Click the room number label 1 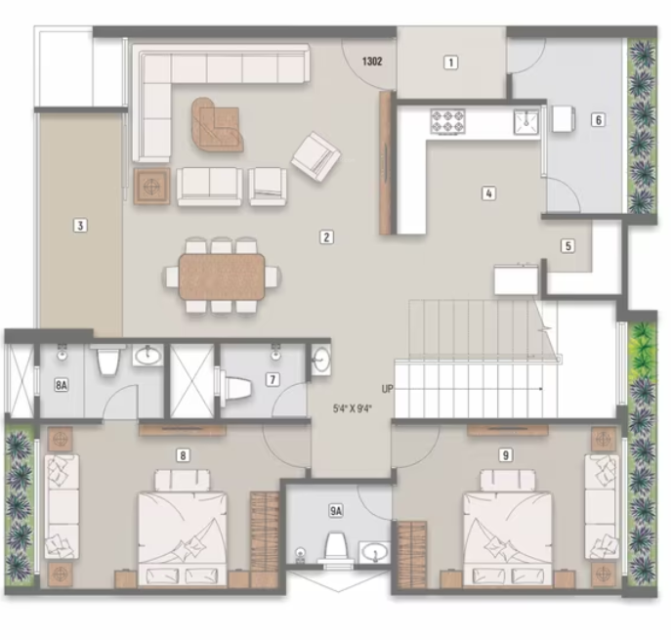point(450,64)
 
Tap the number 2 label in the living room point(326,236)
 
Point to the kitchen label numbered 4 point(488,193)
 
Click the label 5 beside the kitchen point(566,246)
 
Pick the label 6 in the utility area point(597,121)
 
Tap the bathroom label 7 point(273,379)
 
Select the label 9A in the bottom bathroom point(336,511)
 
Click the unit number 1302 point(371,62)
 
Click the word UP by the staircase point(388,389)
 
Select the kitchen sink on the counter point(525,121)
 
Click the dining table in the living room point(222,276)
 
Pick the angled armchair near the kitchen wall point(316,155)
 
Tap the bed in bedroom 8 point(183,533)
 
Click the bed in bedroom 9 point(508,533)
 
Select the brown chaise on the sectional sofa point(217,124)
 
